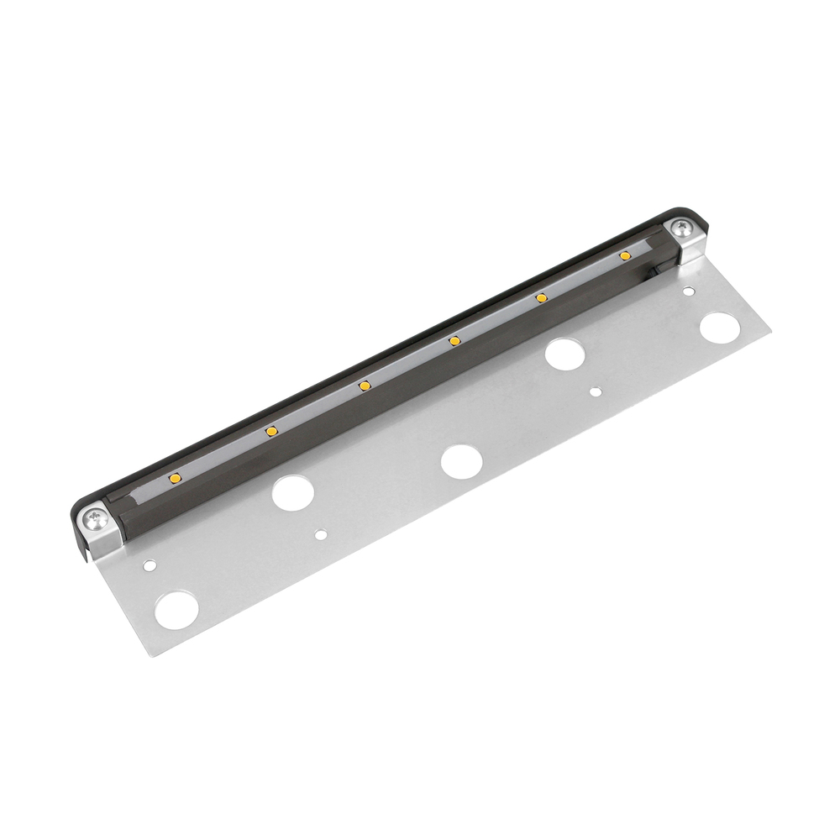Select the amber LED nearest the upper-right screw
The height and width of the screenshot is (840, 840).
(625, 255)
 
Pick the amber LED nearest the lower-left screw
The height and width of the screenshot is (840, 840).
(176, 477)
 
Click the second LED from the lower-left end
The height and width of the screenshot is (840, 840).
(271, 431)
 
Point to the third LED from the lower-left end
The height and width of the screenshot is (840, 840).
(365, 386)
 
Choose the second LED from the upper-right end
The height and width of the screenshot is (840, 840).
(542, 297)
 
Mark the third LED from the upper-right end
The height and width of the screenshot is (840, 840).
(454, 340)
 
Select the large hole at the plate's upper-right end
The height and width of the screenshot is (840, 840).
(718, 328)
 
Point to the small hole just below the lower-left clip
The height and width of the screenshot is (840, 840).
(149, 565)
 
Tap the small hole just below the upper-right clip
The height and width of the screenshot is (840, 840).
(688, 292)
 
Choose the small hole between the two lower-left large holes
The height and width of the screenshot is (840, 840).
(322, 533)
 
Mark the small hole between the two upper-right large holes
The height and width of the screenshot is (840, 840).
(596, 391)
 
